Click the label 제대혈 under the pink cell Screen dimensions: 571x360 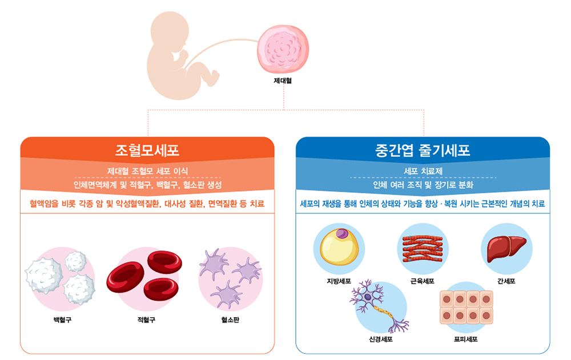(x=283, y=80)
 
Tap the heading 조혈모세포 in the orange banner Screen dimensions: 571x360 (x=147, y=151)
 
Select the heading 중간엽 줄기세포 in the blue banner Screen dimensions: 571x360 (x=423, y=151)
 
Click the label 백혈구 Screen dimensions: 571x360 (x=62, y=319)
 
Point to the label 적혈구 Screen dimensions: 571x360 (x=146, y=319)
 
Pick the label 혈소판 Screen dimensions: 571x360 (x=230, y=319)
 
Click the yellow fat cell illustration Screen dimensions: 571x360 (x=339, y=246)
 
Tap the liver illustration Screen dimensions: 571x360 (x=506, y=248)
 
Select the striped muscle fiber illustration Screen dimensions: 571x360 (x=423, y=248)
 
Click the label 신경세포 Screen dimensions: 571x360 (x=381, y=339)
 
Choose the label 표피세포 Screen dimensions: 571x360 (x=466, y=339)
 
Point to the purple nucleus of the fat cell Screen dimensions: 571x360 (x=342, y=233)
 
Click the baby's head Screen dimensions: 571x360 (x=170, y=31)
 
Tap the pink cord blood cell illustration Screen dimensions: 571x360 (x=283, y=48)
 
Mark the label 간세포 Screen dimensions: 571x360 (x=506, y=281)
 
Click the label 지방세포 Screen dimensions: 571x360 (x=339, y=281)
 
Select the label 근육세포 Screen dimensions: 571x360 (x=423, y=281)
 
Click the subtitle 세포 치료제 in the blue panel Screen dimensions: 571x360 (x=423, y=171)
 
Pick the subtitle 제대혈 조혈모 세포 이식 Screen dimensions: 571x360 (x=147, y=171)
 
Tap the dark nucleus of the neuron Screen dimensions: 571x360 (x=368, y=297)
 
